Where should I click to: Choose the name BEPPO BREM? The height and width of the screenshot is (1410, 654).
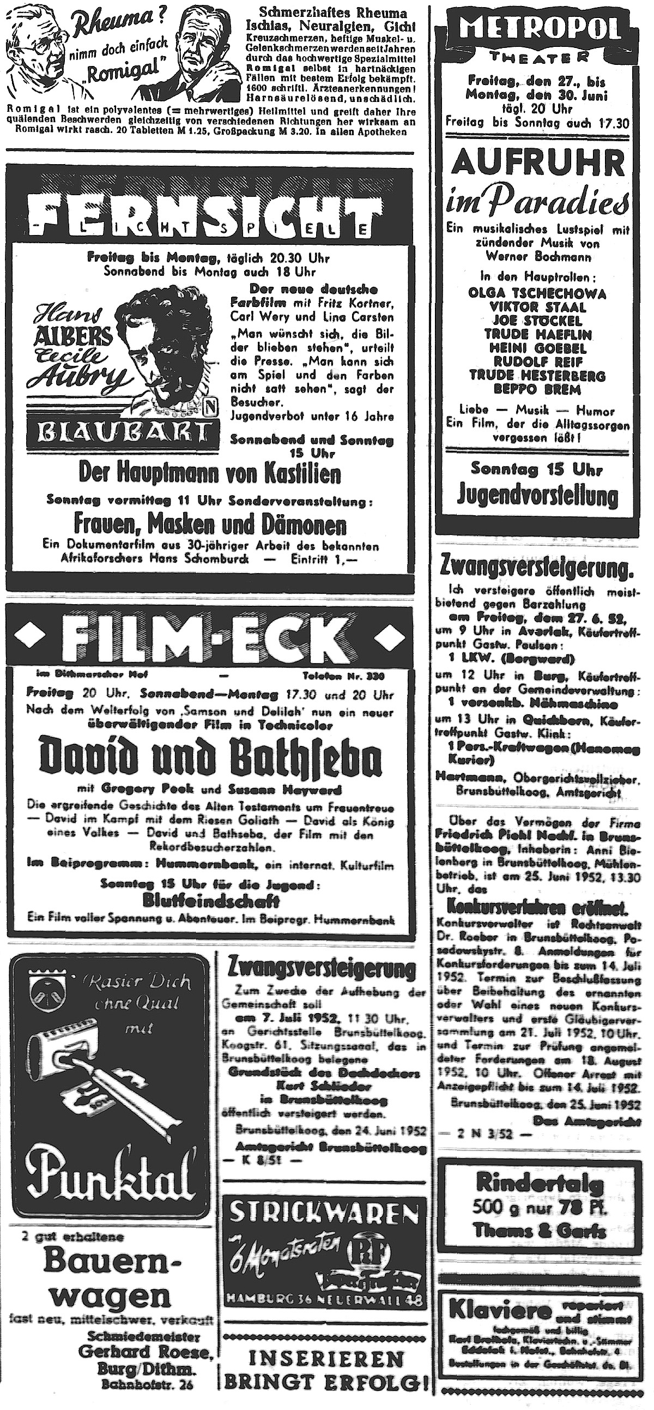(x=537, y=389)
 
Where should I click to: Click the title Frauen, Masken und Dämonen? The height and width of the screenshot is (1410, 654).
(x=211, y=526)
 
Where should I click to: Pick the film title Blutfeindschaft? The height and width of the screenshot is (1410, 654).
(x=211, y=900)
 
